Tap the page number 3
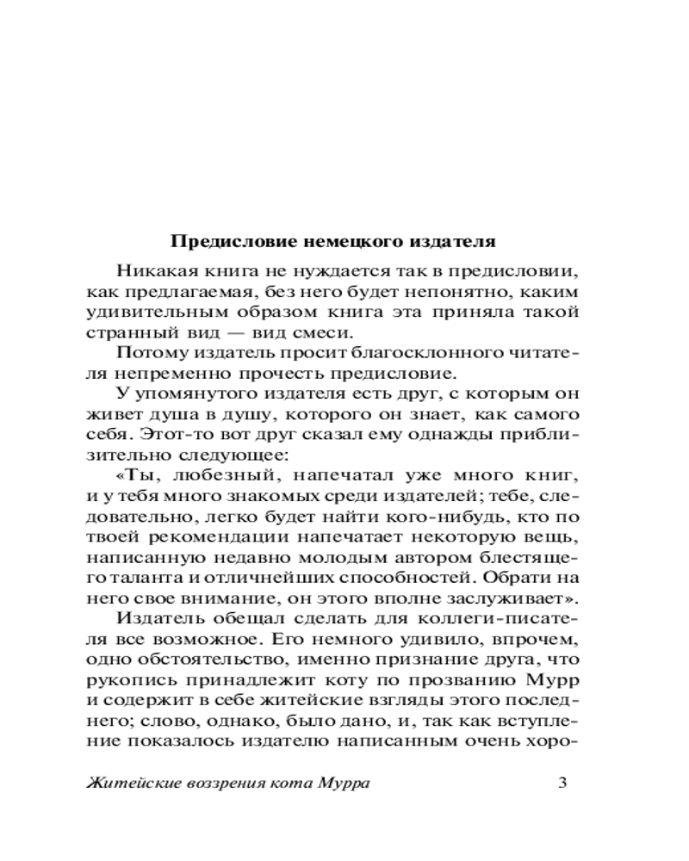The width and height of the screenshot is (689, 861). (562, 783)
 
